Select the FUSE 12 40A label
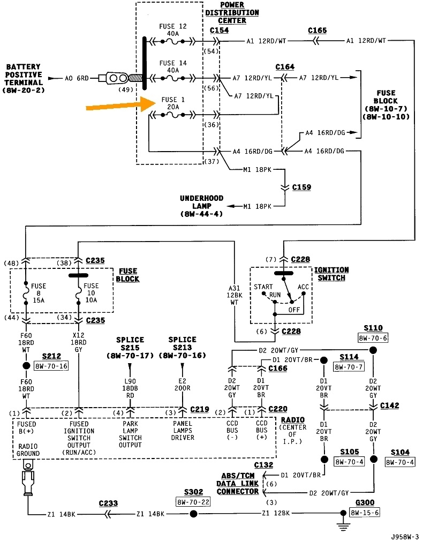pos(173,30)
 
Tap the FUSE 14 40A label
pos(173,66)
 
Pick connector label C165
pos(317,31)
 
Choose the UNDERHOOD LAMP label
pos(202,206)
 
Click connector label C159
pos(301,188)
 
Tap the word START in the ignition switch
pos(263,287)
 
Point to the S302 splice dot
pos(194,514)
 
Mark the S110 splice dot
pos(373,350)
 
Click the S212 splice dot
pos(25,366)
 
